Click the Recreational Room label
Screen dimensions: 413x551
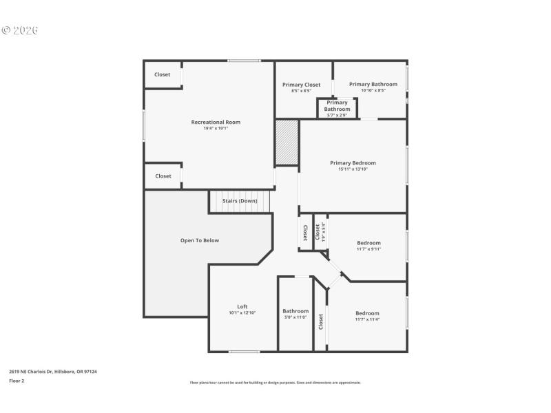pyautogui.click(x=216, y=122)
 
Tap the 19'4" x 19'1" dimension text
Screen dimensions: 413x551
pyautogui.click(x=216, y=129)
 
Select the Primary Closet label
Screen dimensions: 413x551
pyautogui.click(x=301, y=85)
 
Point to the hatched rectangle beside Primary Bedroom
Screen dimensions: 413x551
pyautogui.click(x=287, y=142)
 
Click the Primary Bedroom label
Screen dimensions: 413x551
pyautogui.click(x=353, y=163)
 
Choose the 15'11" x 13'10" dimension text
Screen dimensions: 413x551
pyautogui.click(x=353, y=169)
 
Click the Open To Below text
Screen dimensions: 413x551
pyautogui.click(x=200, y=240)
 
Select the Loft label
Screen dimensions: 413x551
pyautogui.click(x=242, y=307)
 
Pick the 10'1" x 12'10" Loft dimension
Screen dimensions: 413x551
pyautogui.click(x=242, y=313)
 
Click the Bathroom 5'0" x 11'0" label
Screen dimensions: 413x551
pyautogui.click(x=295, y=311)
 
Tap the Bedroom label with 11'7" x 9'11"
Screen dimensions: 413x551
pyautogui.click(x=368, y=243)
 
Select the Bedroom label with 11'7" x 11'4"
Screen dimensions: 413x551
pyautogui.click(x=367, y=313)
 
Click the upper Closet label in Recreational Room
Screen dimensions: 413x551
pyautogui.click(x=162, y=74)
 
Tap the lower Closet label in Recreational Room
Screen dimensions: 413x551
pyautogui.click(x=163, y=176)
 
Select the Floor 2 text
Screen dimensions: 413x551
pyautogui.click(x=17, y=381)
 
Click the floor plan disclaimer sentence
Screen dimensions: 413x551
pyautogui.click(x=275, y=383)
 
